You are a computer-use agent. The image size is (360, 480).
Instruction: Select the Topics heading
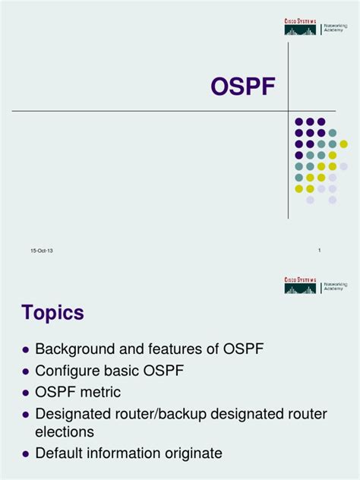click(52, 313)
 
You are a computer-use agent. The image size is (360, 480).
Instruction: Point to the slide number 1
click(320, 250)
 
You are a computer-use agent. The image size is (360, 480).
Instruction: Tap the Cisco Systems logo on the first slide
click(300, 28)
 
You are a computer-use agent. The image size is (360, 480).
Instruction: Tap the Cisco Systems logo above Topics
click(300, 285)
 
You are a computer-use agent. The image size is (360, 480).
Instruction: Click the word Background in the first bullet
click(71, 349)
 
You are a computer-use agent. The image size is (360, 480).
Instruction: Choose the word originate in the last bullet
click(191, 453)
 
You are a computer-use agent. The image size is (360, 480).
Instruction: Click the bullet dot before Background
click(26, 350)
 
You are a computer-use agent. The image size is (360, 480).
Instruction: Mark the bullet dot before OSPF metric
click(26, 393)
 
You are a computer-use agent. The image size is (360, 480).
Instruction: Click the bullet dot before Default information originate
click(26, 454)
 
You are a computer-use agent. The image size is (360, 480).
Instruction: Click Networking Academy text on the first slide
click(335, 29)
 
